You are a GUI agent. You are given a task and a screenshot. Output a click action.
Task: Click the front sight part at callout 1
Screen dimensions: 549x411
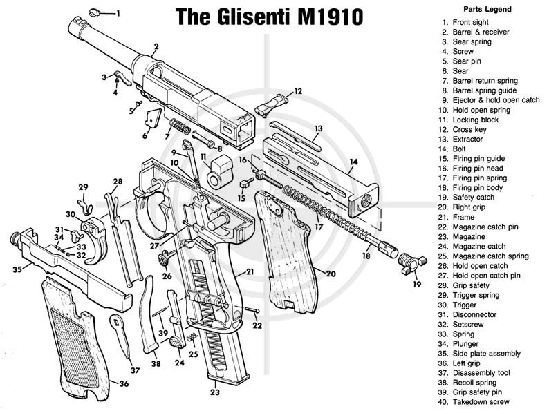(x=94, y=12)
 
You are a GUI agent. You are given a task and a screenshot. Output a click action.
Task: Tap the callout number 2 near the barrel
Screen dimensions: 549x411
(x=156, y=46)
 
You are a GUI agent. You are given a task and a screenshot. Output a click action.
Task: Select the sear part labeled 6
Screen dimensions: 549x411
(x=153, y=118)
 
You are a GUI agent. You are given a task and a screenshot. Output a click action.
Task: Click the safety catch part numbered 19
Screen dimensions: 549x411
(x=412, y=264)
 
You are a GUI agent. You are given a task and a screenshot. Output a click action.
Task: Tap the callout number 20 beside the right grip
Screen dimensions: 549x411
(x=331, y=273)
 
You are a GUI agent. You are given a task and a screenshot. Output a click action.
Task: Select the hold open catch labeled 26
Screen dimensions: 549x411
(x=165, y=258)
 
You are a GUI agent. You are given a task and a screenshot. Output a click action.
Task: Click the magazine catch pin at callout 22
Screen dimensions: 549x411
(x=252, y=309)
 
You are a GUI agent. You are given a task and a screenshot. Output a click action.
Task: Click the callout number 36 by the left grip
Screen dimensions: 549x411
(x=124, y=384)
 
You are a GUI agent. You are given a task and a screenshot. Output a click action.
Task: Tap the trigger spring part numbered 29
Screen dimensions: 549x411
(x=84, y=207)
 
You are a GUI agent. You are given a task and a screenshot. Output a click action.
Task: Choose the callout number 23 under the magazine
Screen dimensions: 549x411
(x=214, y=392)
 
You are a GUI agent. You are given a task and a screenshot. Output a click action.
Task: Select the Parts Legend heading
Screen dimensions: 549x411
(x=487, y=9)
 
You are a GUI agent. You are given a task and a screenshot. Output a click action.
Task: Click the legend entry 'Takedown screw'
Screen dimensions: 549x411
(x=481, y=402)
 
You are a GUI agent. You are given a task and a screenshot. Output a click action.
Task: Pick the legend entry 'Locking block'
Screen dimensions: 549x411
(x=476, y=120)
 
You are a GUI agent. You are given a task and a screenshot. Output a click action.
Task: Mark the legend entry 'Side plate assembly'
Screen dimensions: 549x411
(x=487, y=353)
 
